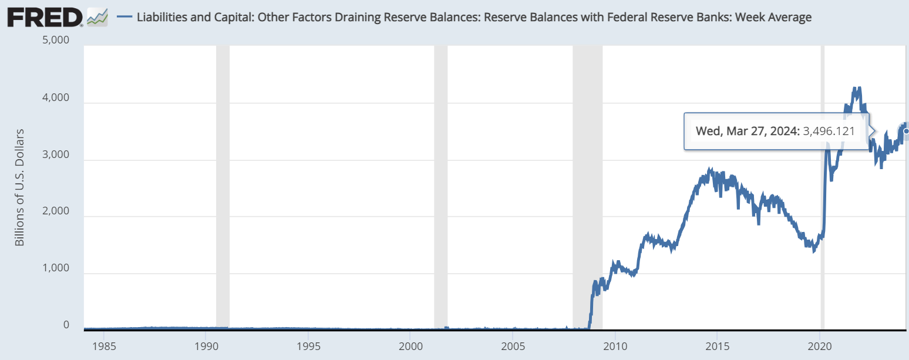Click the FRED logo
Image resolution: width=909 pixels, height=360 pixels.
(45, 17)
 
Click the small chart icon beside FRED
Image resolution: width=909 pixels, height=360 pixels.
(97, 18)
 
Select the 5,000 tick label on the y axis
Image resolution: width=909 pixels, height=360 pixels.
(56, 41)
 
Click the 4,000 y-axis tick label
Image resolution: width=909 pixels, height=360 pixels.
(56, 98)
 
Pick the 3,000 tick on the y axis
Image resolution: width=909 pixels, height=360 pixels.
(56, 155)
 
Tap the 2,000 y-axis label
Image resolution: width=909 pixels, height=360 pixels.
(56, 211)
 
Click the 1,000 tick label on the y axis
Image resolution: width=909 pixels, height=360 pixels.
(56, 268)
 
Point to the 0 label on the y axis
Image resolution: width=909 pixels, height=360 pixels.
(66, 325)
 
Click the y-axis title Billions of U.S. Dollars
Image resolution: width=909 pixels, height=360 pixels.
(19, 187)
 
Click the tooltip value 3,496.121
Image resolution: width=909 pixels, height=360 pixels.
(829, 131)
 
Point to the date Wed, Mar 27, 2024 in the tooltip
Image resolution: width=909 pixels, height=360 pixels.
(746, 131)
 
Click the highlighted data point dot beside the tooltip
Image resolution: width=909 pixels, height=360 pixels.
(906, 131)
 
